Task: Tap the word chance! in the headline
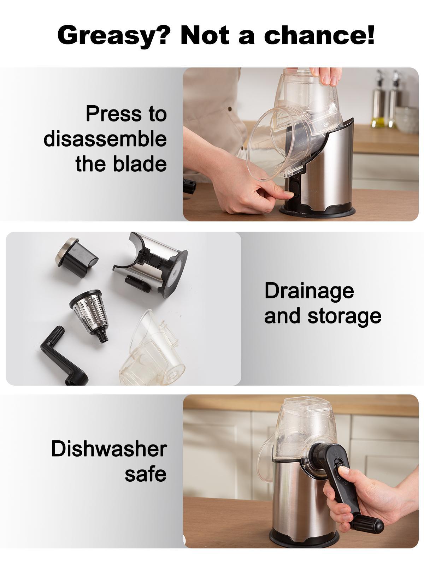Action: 319,35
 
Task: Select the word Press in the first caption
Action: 113,114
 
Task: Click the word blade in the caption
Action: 140,163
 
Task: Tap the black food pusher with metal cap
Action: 76,256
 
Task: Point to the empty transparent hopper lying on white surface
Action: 152,350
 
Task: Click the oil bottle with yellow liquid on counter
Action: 378,100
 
